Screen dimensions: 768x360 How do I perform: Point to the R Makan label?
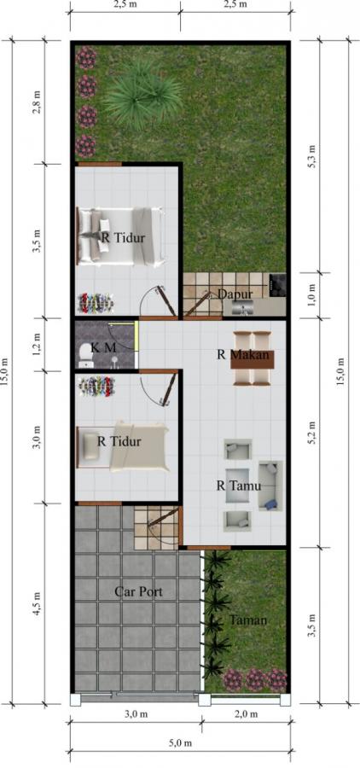[241, 355]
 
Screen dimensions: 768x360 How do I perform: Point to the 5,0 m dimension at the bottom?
[178, 743]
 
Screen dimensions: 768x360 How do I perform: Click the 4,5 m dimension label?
[37, 603]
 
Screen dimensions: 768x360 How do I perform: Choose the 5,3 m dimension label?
[313, 155]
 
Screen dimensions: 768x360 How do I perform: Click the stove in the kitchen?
[277, 282]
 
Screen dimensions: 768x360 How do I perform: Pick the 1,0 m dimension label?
[313, 294]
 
